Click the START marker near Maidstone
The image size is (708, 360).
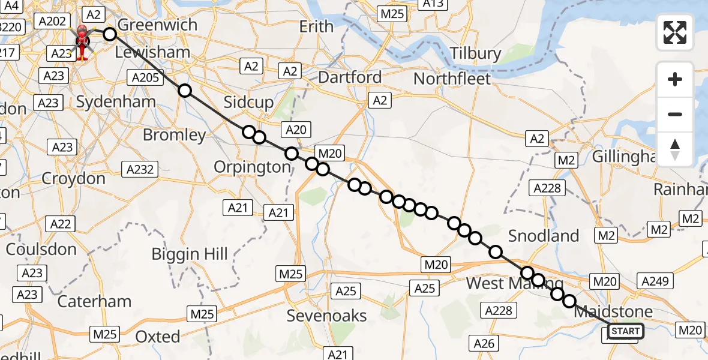tap(626, 331)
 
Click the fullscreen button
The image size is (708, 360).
tap(675, 32)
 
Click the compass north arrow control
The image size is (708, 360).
tap(675, 149)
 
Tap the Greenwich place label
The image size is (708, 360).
tap(158, 25)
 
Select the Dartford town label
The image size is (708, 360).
tap(350, 77)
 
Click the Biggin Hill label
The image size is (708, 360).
tap(190, 254)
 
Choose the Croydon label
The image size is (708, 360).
tap(73, 178)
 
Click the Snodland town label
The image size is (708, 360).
tap(544, 236)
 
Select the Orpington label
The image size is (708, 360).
tap(253, 167)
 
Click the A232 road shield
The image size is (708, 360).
tap(139, 169)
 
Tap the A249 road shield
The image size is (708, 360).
tap(657, 281)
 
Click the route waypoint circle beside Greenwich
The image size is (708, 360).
tap(109, 34)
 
